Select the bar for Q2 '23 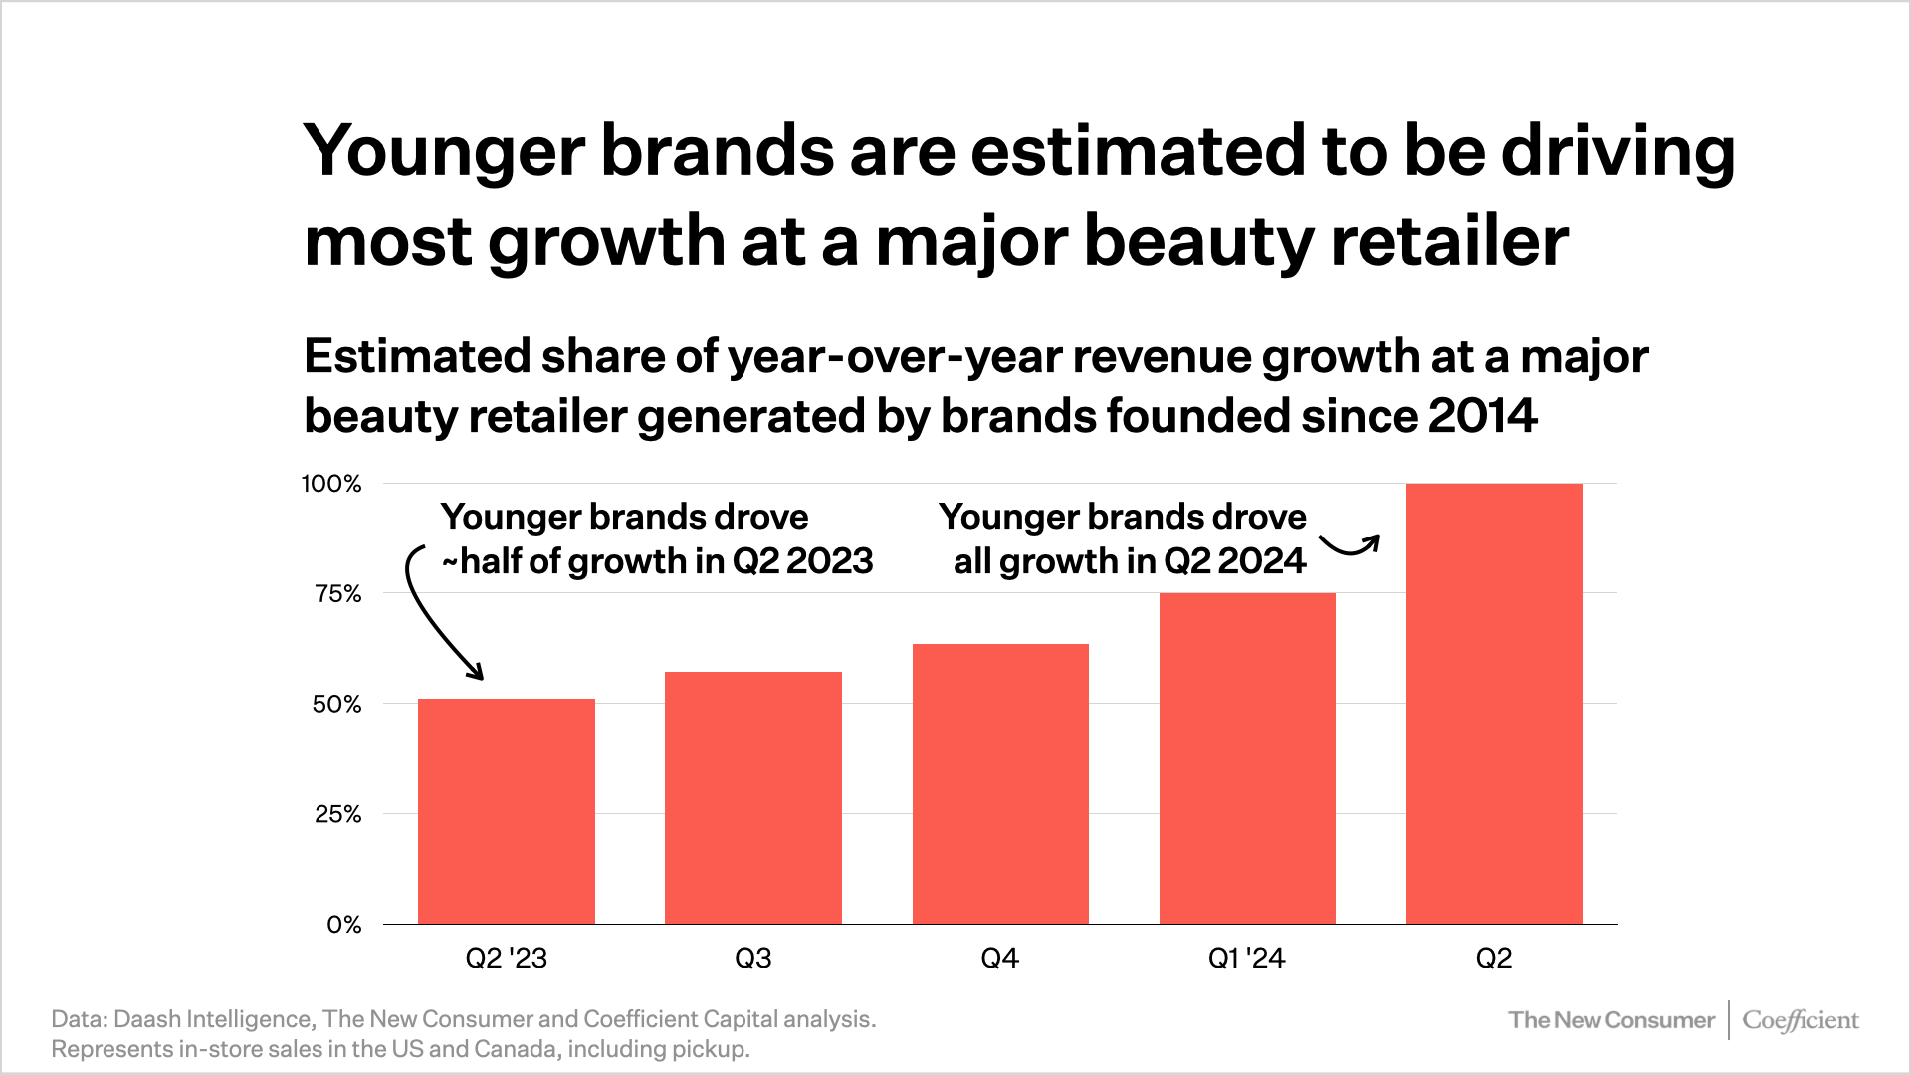506,811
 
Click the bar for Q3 752,797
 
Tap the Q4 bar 1000,783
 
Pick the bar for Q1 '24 1247,758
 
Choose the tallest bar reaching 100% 1494,704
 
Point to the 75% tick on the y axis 338,594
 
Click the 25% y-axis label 338,814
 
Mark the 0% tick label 343,925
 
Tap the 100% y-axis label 332,484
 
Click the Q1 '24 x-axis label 1246,958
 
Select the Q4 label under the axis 1000,958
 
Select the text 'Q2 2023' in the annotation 802,561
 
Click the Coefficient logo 1801,1020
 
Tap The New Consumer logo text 1611,1020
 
